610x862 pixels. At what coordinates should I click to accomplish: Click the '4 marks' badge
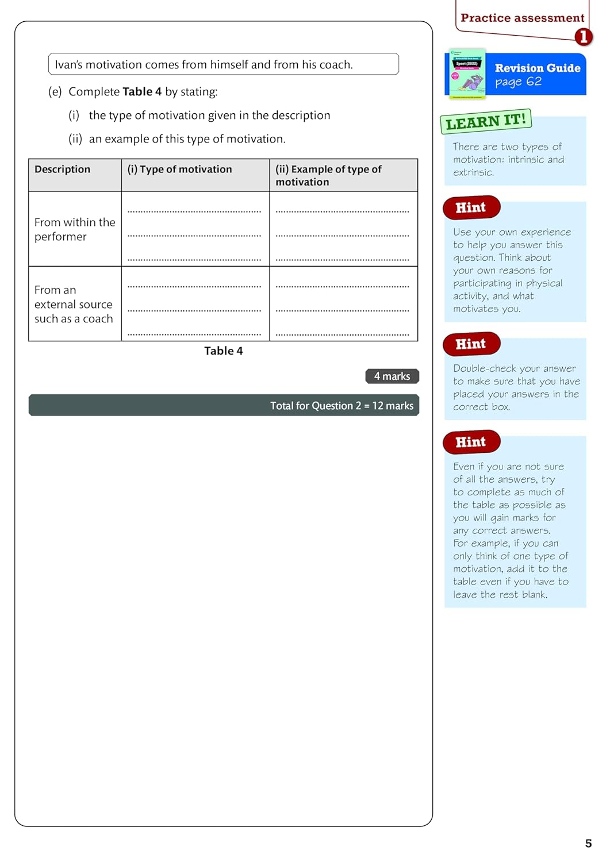click(x=392, y=376)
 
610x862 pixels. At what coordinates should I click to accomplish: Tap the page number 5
click(x=588, y=843)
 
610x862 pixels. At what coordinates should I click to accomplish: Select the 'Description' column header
click(x=62, y=169)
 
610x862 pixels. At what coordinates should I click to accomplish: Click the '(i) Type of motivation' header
click(x=179, y=169)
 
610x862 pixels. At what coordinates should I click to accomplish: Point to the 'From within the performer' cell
click(x=75, y=229)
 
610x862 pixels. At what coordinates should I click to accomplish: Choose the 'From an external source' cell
click(x=74, y=304)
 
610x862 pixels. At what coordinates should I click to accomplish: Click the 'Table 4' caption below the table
click(x=223, y=351)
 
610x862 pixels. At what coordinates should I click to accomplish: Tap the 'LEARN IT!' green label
click(x=486, y=121)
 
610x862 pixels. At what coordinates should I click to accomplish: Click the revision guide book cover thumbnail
click(x=467, y=74)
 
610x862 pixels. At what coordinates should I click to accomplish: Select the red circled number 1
click(x=583, y=37)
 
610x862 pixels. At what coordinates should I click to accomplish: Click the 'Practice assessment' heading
click(x=522, y=18)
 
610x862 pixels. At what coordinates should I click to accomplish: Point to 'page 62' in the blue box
click(x=518, y=82)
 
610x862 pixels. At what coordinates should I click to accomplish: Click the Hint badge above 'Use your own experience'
click(x=471, y=207)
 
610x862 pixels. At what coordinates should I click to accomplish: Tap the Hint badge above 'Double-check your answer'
click(x=471, y=344)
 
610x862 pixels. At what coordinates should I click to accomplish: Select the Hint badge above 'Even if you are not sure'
click(x=471, y=442)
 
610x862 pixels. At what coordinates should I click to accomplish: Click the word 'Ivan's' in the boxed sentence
click(x=69, y=64)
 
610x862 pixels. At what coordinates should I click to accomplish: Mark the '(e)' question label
click(x=55, y=91)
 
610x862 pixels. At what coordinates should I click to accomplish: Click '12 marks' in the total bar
click(x=393, y=406)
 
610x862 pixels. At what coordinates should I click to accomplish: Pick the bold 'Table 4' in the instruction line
click(x=142, y=91)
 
